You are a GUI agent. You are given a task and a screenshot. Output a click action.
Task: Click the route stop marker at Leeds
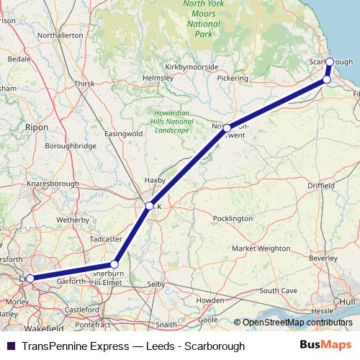coord(30,278)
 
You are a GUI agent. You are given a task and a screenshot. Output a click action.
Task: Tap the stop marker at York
coord(150,206)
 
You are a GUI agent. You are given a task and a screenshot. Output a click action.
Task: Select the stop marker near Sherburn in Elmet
coord(114,264)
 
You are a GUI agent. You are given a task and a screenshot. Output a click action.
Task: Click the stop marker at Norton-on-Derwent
coord(227,128)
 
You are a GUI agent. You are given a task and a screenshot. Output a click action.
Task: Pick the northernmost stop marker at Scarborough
coord(330,62)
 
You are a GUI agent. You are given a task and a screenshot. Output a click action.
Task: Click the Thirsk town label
coord(84,84)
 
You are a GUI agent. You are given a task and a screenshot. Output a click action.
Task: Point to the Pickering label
coord(232,77)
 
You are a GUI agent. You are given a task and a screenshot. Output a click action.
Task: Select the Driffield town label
coord(321,186)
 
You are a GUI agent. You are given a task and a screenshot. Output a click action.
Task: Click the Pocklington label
coord(233,218)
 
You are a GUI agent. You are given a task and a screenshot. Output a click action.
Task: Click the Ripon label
coord(36,127)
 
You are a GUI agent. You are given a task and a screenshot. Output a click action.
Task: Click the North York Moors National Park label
coord(203,19)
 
